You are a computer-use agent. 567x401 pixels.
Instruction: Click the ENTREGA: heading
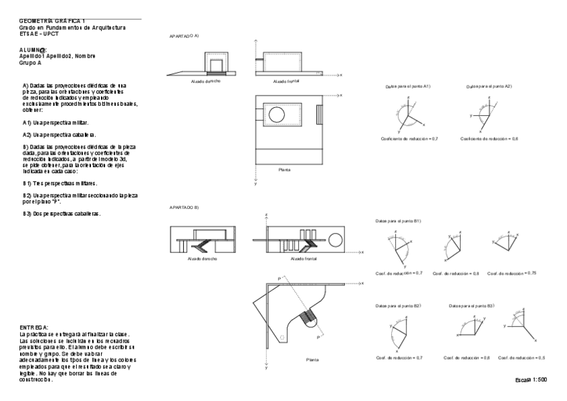pyautogui.click(x=35, y=327)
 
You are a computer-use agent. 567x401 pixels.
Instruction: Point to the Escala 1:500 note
pyautogui.click(x=532, y=380)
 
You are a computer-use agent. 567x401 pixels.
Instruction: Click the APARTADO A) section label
pyautogui.click(x=185, y=35)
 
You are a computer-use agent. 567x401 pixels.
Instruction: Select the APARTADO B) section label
pyautogui.click(x=185, y=208)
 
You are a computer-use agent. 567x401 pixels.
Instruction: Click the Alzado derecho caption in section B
pyautogui.click(x=203, y=258)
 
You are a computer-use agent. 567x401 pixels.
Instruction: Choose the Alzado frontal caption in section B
pyautogui.click(x=306, y=258)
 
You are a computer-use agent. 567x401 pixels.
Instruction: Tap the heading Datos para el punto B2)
pyautogui.click(x=398, y=305)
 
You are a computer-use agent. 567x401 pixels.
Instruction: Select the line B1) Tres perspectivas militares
pyautogui.click(x=60, y=183)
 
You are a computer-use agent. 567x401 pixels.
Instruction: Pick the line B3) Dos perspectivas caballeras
pyautogui.click(x=62, y=214)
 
